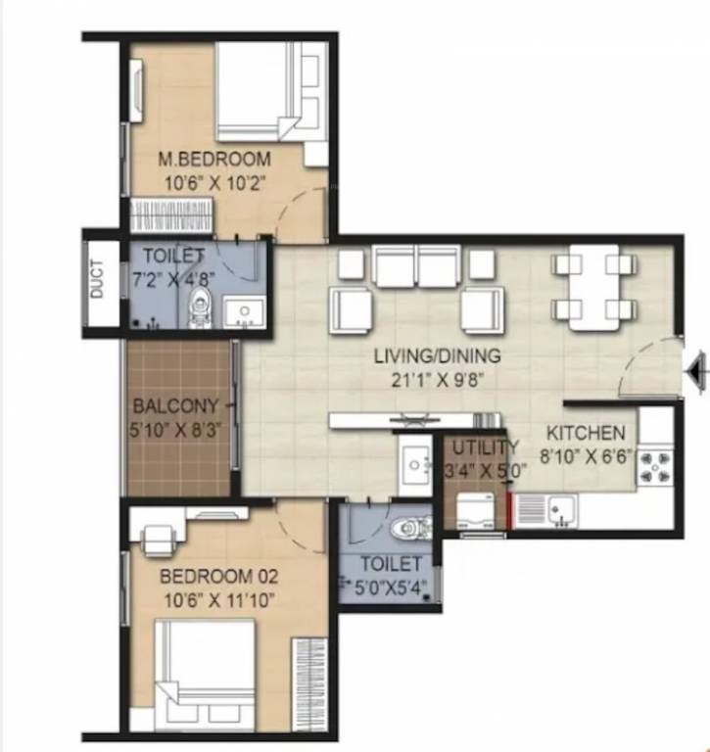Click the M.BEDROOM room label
coord(214,160)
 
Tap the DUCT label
coord(97,279)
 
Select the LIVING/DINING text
coord(437,355)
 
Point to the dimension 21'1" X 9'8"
coord(437,380)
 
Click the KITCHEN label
coord(586,433)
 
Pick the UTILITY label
coord(485,447)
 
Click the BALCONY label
coord(175,406)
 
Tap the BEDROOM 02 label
coord(218,576)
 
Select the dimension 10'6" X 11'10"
coord(219,600)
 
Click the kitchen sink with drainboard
coord(545,511)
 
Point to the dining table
coord(594,287)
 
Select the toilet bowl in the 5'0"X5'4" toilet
coord(410,528)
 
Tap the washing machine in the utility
coord(475,511)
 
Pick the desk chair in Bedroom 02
coord(158,539)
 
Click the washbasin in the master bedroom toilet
coord(244,312)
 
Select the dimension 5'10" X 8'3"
coord(175,430)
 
